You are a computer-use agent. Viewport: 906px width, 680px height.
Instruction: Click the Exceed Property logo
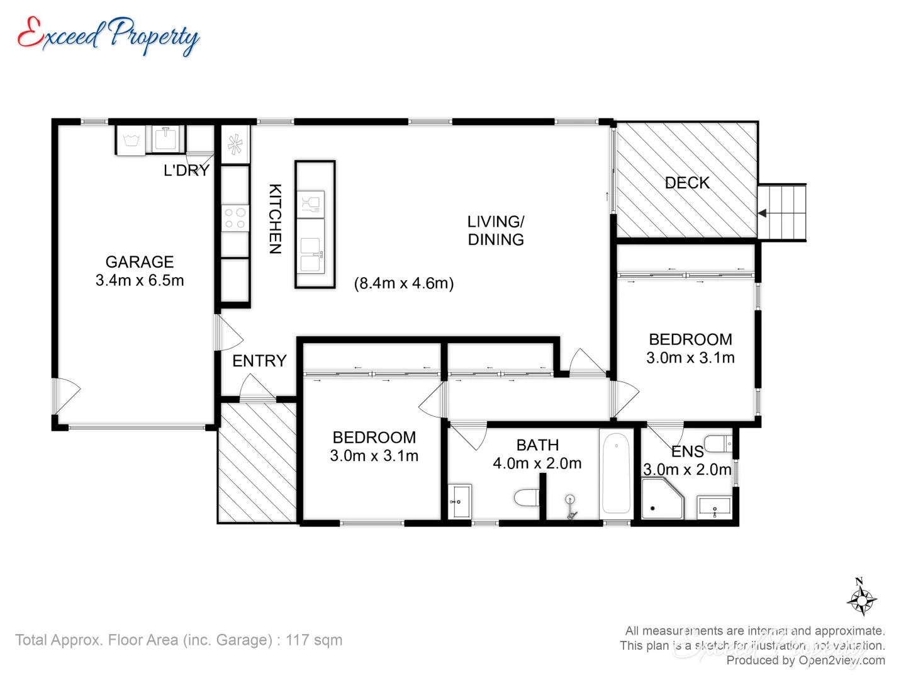tap(108, 35)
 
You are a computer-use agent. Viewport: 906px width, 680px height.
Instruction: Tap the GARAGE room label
tap(140, 262)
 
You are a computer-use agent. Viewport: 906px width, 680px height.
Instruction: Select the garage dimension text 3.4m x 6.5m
tap(140, 281)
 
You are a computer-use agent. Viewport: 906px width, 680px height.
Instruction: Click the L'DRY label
tap(186, 171)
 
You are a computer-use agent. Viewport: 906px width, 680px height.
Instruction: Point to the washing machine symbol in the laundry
tap(131, 140)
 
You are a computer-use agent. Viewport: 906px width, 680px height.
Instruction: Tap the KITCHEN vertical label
tap(275, 218)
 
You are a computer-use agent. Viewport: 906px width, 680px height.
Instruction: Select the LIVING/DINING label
tap(496, 230)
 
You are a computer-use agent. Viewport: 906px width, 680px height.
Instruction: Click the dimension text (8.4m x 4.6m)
tap(404, 283)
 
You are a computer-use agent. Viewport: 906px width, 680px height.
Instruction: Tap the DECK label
tap(687, 183)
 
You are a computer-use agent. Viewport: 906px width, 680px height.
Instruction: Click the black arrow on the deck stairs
tap(763, 213)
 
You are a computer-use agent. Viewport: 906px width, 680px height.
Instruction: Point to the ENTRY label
tap(259, 361)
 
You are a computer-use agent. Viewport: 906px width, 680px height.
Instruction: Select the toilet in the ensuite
tap(719, 444)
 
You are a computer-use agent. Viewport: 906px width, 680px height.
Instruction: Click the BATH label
tap(537, 445)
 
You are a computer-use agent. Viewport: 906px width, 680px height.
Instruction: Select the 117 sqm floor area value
tap(314, 640)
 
